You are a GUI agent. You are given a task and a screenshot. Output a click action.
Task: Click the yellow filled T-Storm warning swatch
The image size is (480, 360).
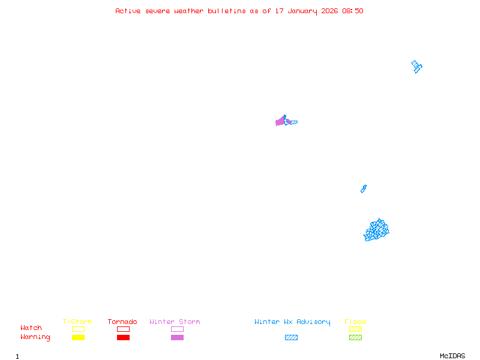click(78, 338)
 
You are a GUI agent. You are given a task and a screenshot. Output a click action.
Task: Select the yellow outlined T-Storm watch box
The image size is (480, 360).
click(78, 329)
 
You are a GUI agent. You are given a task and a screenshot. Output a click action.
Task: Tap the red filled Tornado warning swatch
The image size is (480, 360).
click(123, 338)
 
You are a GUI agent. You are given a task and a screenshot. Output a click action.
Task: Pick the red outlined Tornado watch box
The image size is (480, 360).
click(123, 329)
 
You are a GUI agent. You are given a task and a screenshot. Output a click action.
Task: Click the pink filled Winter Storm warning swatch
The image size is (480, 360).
click(177, 338)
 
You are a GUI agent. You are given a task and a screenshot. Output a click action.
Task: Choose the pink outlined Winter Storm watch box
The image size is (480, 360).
click(177, 329)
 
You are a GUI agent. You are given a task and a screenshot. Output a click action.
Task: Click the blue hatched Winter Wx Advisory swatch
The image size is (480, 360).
click(291, 338)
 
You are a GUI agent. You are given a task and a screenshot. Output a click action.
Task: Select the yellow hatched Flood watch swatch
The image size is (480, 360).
click(355, 329)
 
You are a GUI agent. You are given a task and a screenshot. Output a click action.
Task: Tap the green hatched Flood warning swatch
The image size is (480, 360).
click(355, 338)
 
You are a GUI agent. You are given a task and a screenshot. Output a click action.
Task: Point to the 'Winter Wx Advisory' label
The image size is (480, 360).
click(292, 322)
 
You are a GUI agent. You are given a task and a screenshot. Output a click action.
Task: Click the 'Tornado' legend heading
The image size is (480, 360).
click(122, 322)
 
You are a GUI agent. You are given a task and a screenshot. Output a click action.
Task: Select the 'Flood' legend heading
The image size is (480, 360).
click(355, 322)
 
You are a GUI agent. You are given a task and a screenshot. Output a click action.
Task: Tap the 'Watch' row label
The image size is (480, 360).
click(31, 328)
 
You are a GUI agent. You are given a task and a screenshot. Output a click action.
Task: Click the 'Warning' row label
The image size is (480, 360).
click(35, 337)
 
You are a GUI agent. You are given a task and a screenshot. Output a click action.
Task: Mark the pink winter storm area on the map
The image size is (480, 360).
click(280, 122)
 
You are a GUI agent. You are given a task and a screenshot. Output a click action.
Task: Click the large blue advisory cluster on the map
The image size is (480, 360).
click(377, 230)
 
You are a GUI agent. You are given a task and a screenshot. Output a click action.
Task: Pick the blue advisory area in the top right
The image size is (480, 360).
click(416, 66)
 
